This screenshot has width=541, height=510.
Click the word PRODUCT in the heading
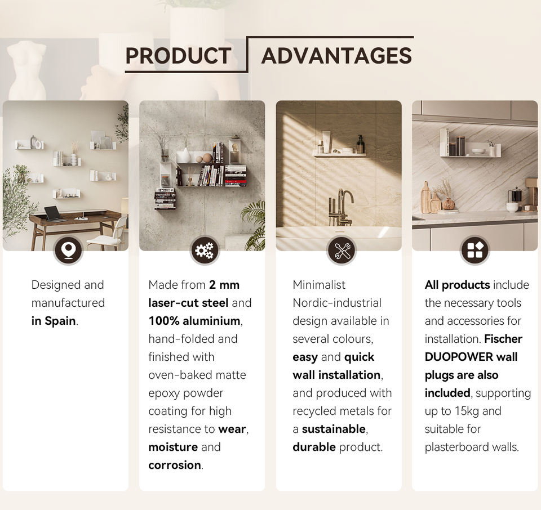click(178, 56)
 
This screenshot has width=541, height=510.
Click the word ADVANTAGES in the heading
click(337, 56)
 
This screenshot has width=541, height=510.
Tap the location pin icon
click(68, 250)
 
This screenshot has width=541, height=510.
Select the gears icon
click(205, 250)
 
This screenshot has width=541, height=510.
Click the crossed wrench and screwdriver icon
click(341, 250)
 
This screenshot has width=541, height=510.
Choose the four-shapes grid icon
click(475, 250)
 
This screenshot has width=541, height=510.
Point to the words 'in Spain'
click(54, 321)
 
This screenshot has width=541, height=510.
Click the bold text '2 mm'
click(224, 285)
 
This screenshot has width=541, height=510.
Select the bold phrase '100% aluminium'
click(194, 321)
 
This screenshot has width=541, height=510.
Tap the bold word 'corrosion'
click(175, 465)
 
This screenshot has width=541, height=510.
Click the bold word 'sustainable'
click(334, 429)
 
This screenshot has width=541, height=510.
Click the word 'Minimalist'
click(319, 285)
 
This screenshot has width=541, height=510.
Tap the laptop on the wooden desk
click(54, 214)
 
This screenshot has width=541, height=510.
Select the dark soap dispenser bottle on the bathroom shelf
click(360, 144)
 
